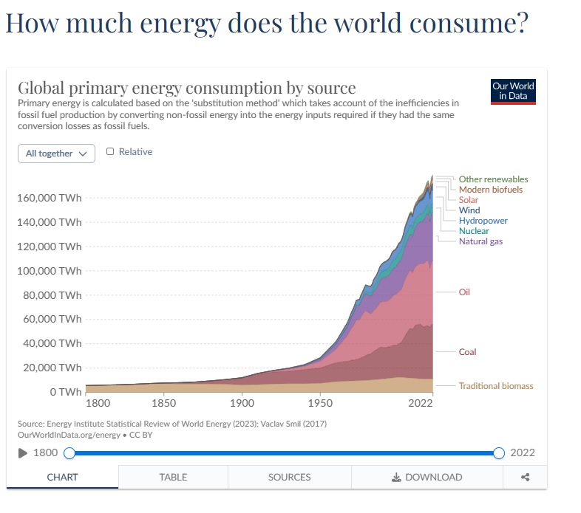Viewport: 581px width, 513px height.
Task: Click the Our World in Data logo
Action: [x=513, y=92]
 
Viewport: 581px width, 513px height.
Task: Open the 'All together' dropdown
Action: [x=56, y=154]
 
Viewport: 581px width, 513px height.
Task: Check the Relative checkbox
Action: [x=110, y=151]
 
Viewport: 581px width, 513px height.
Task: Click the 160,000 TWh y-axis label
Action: [x=49, y=198]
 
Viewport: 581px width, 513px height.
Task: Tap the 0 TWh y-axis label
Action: [x=65, y=391]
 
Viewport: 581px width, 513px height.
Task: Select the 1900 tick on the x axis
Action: [x=242, y=403]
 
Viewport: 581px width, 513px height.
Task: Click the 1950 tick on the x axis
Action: [x=320, y=403]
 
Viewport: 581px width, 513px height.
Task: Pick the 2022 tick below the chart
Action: [x=421, y=403]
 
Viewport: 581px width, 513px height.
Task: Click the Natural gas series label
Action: [x=480, y=241]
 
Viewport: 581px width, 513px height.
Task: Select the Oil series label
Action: [x=464, y=292]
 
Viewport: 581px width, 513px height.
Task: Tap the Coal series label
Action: [x=467, y=352]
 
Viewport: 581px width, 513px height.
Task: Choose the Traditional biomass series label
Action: [x=495, y=386]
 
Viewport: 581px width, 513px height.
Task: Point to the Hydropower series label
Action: [x=483, y=221]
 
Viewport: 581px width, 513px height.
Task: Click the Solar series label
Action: [x=468, y=200]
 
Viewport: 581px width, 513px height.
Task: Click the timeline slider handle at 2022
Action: [x=499, y=452]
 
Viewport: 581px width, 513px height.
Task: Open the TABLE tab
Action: [x=173, y=477]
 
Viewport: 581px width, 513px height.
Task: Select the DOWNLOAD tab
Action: [x=427, y=477]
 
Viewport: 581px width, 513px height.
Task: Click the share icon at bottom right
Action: [x=526, y=477]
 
